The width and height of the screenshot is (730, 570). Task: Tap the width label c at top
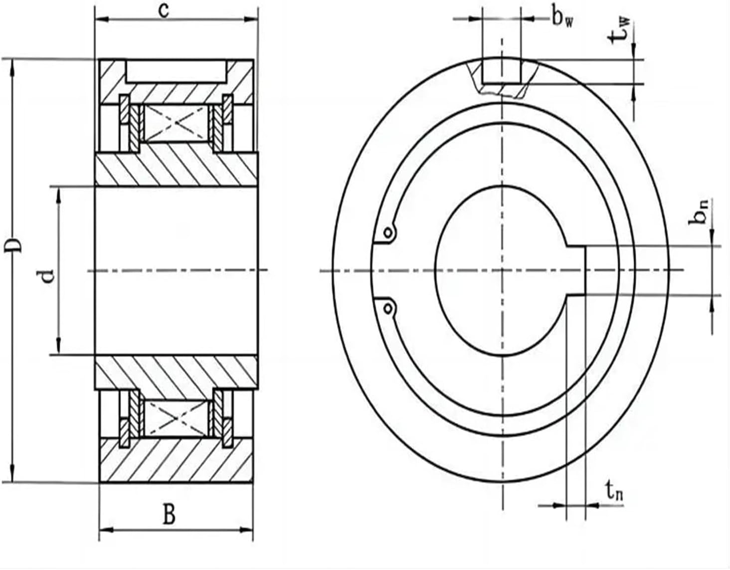[164, 9]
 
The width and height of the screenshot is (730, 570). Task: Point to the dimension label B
[170, 514]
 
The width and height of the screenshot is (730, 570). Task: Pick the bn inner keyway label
[700, 211]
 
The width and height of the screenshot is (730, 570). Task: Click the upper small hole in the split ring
[387, 232]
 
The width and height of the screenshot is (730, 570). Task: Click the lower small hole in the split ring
[387, 309]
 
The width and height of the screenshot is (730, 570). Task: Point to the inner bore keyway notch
[576, 270]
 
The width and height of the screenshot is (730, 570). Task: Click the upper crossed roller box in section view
[175, 123]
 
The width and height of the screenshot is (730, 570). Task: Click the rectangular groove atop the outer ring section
[176, 72]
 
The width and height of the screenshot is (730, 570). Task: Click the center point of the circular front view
[502, 270]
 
